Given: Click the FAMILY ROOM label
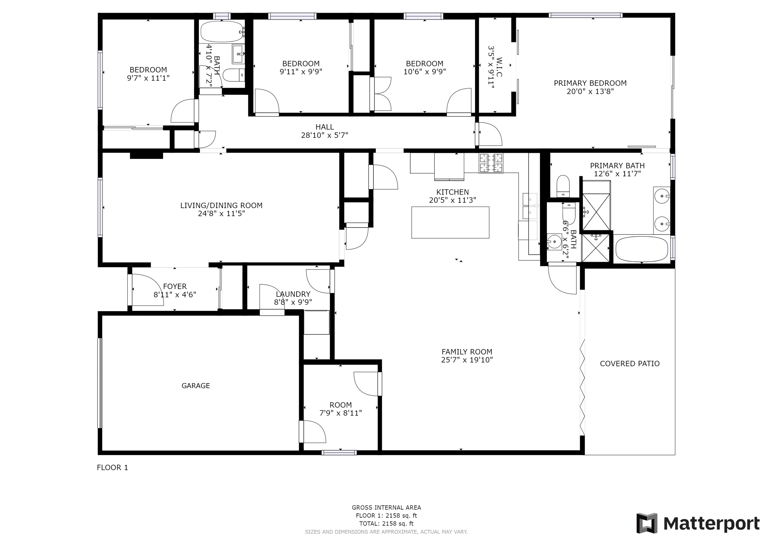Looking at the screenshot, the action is click(x=467, y=352).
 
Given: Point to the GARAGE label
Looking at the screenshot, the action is click(x=196, y=386).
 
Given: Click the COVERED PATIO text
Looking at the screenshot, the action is click(x=629, y=363).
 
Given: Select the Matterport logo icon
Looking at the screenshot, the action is click(x=646, y=523).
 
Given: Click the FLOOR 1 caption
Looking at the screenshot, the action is click(x=112, y=468).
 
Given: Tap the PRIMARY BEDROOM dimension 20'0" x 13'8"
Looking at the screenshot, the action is click(x=590, y=91).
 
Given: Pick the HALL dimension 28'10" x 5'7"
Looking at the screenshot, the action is click(x=325, y=135).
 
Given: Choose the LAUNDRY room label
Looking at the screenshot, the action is click(x=293, y=294).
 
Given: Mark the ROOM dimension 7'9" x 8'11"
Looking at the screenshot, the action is click(x=341, y=413).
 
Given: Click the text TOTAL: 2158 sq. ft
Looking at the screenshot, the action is click(x=386, y=524).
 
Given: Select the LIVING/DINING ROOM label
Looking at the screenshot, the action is click(x=221, y=205).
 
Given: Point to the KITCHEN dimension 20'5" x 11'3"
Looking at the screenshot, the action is click(x=452, y=200).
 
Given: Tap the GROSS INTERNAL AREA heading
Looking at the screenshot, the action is click(x=386, y=507).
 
